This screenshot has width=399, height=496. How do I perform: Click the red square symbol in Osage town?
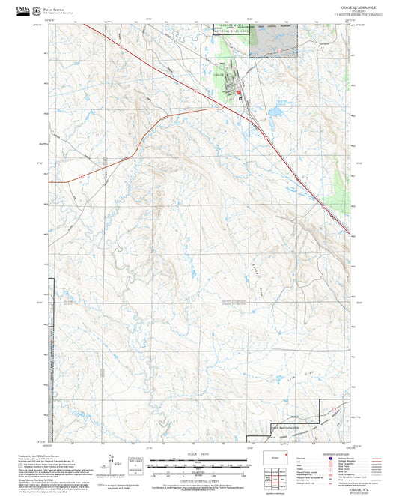[239, 94]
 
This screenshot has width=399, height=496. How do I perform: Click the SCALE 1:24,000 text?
[198, 453]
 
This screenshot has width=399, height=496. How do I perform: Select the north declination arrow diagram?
[113, 463]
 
